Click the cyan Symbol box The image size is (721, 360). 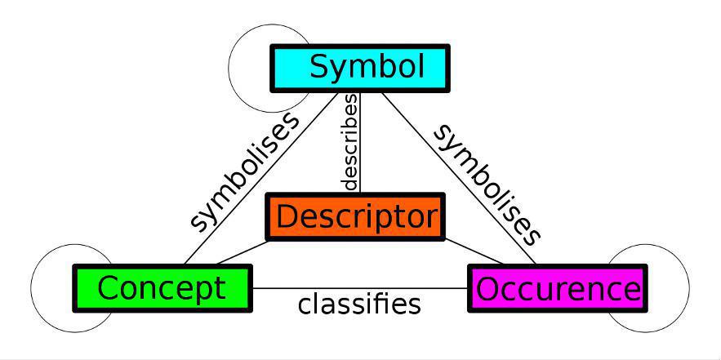coord(359,67)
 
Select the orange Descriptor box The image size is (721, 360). coord(355,217)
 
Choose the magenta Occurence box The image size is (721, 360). coord(558,288)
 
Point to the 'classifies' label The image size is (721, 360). coord(359,304)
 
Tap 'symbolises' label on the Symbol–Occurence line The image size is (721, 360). coord(487,184)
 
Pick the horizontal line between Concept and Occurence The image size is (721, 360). coord(359,288)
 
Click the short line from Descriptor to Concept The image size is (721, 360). coord(243,252)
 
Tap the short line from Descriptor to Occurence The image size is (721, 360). coord(472,250)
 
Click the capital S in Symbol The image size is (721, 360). coord(319,67)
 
